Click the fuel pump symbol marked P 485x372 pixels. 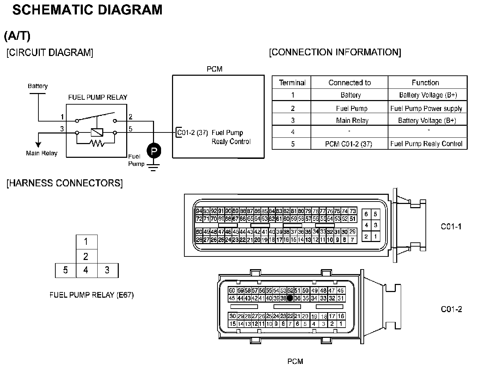coord(154,151)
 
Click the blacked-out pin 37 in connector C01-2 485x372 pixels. coord(290,298)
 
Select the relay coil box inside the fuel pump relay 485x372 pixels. coord(97,132)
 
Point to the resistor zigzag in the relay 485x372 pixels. coord(96,143)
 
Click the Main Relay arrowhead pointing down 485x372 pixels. coord(38,144)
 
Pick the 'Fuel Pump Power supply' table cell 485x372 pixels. coord(426,108)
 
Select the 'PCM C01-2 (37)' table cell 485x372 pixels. coord(349,144)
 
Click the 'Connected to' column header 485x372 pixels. coord(349,82)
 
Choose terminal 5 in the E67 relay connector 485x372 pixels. coord(66,270)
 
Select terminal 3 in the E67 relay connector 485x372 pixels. coord(107,270)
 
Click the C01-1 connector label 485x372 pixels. coord(451,227)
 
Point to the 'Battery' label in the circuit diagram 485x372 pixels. coord(38,86)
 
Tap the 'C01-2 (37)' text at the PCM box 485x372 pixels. coord(192,133)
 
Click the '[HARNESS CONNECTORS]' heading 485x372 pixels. coord(65,183)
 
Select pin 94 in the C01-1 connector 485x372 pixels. coord(199,211)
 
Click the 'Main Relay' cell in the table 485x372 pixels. coord(352,120)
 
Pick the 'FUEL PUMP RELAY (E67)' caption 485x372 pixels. coord(92,295)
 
